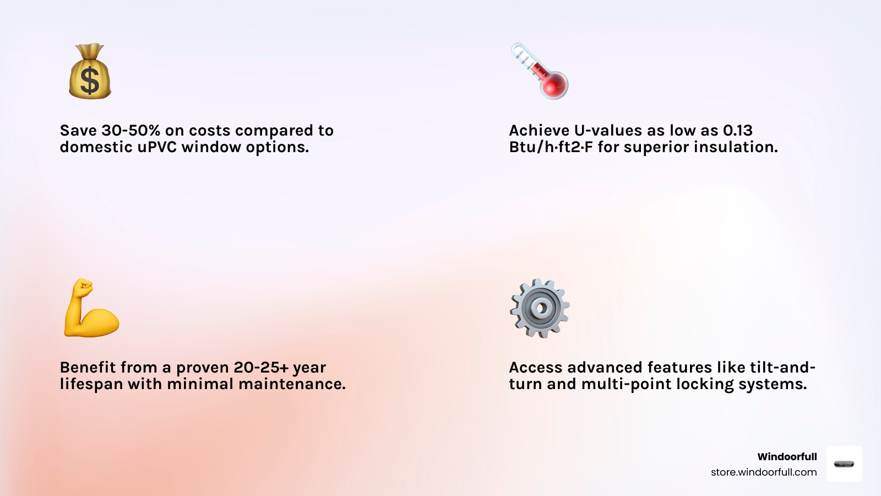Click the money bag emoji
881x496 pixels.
pyautogui.click(x=90, y=71)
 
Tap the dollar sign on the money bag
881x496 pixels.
pyautogui.click(x=90, y=80)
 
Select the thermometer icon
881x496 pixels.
pyautogui.click(x=540, y=71)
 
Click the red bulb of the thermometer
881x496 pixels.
pyautogui.click(x=554, y=84)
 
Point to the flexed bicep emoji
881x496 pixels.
pyautogui.click(x=91, y=308)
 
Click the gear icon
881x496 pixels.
pyautogui.click(x=540, y=308)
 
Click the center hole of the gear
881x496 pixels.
pyautogui.click(x=542, y=308)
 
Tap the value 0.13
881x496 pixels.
pyautogui.click(x=738, y=130)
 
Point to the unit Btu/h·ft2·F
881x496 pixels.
pyautogui.click(x=551, y=147)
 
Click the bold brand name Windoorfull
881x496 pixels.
pyautogui.click(x=787, y=457)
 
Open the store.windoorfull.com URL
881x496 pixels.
pyautogui.click(x=764, y=472)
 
